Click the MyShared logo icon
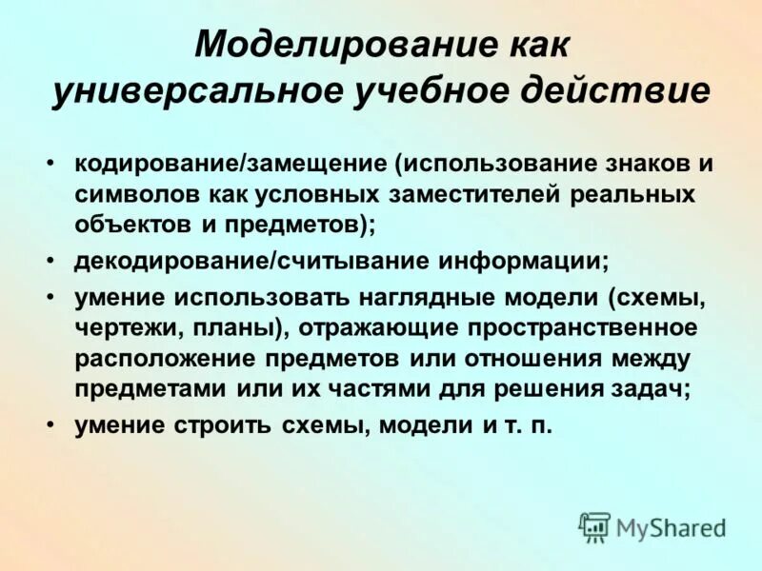tap(594, 526)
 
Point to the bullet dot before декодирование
tap(50, 260)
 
